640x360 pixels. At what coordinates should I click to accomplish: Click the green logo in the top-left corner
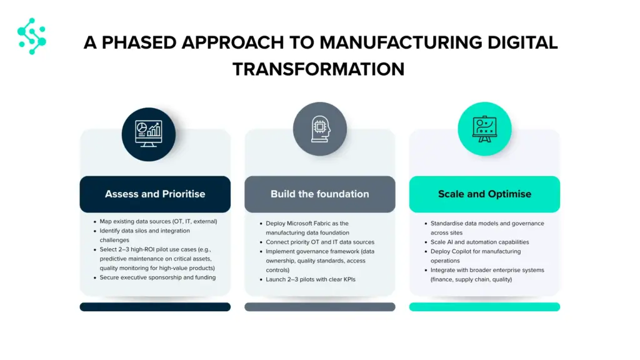[32, 36]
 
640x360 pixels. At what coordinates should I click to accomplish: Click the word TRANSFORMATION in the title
[318, 69]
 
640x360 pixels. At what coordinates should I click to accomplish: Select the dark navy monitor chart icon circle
[149, 134]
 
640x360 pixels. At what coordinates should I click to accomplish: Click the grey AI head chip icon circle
[320, 129]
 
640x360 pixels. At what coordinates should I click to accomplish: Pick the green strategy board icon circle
[484, 129]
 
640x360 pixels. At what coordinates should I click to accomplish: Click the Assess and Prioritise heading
[155, 194]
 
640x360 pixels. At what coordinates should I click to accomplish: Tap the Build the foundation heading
[319, 194]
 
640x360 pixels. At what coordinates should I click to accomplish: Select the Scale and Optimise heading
[484, 194]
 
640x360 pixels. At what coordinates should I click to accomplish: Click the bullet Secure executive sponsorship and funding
[157, 277]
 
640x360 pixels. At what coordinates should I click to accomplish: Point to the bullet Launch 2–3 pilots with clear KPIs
[311, 279]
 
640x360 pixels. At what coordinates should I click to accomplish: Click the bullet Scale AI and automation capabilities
[479, 242]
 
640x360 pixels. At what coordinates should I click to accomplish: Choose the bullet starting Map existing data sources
[158, 222]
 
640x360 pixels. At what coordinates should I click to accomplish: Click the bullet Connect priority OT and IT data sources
[320, 242]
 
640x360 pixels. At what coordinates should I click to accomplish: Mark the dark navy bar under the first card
[155, 307]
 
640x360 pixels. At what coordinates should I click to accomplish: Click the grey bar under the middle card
[320, 307]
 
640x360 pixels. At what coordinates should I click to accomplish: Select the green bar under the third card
[484, 307]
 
